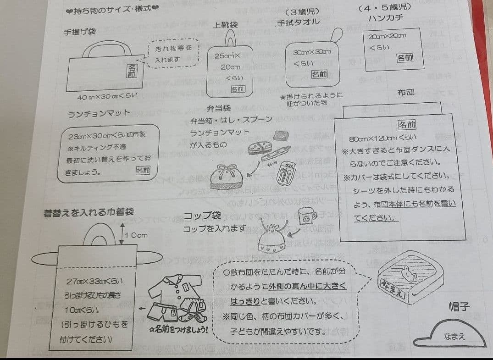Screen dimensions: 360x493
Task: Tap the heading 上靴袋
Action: (225, 25)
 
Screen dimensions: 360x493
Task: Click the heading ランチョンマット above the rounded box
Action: (99, 113)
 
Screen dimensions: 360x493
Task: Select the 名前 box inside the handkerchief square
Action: (405, 58)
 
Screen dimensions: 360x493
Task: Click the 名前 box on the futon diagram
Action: (406, 124)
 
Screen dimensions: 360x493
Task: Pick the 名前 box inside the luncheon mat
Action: (143, 170)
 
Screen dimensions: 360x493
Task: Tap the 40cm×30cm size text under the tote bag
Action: (107, 96)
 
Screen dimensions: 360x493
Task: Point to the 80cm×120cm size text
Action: (379, 138)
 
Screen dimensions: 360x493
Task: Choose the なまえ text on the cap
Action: (454, 337)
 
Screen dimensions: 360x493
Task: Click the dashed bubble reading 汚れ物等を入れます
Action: (174, 54)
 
